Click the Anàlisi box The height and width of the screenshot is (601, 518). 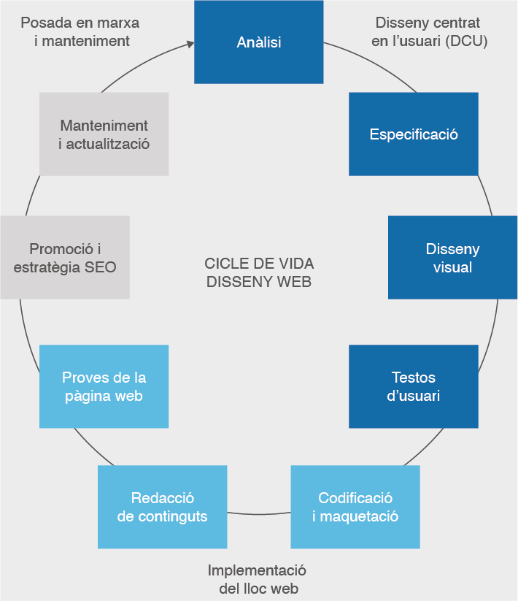point(258,42)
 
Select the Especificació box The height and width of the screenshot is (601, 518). point(413,134)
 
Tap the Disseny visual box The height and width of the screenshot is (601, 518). point(452,258)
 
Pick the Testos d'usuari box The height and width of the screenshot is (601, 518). point(413,386)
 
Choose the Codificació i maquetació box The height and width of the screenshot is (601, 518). point(355,507)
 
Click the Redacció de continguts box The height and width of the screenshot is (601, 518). point(162,507)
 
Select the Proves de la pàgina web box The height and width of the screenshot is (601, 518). point(104,386)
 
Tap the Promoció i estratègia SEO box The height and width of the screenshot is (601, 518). point(64,257)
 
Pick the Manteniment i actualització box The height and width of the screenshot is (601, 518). point(104,134)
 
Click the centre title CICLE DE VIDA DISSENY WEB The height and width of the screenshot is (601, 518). point(259,272)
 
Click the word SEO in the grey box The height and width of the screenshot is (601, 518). point(100,267)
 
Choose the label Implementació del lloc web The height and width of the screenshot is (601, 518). point(258,579)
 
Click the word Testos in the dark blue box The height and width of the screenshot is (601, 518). point(413,378)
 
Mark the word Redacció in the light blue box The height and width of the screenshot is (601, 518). point(162,498)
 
